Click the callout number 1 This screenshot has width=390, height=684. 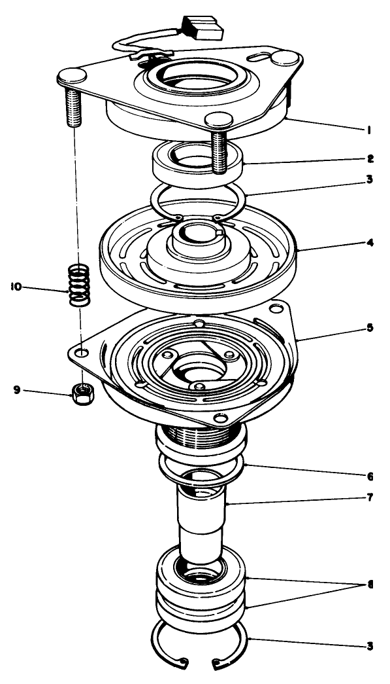click(x=369, y=130)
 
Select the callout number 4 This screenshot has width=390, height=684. click(x=369, y=243)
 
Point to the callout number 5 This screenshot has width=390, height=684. click(x=369, y=327)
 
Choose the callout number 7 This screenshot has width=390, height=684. click(x=369, y=497)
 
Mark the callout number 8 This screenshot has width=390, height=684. click(x=370, y=585)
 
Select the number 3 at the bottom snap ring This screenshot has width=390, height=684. click(x=369, y=646)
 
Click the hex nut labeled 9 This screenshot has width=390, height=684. click(x=80, y=394)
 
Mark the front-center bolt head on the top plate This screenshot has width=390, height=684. click(x=218, y=120)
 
